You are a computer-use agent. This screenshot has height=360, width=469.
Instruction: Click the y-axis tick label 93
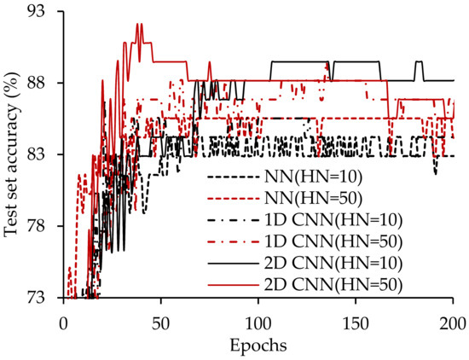pyautogui.click(x=40, y=12)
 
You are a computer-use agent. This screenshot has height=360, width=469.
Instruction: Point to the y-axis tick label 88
pyautogui.click(x=40, y=83)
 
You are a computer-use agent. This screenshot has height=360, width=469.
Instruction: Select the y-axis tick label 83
pyautogui.click(x=40, y=154)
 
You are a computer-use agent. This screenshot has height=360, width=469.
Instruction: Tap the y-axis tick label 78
pyautogui.click(x=40, y=226)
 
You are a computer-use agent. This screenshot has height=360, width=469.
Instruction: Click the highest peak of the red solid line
pyautogui.click(x=138, y=25)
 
